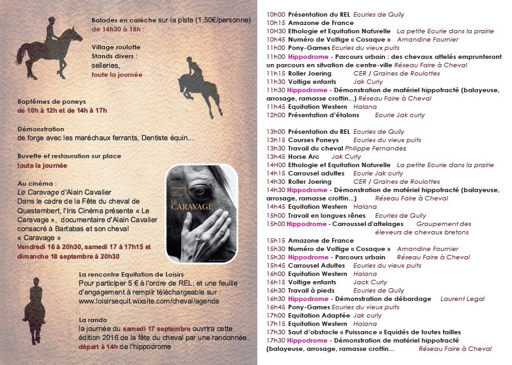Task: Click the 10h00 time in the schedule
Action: [275, 14]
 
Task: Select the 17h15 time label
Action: [275, 323]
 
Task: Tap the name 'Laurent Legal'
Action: [463, 298]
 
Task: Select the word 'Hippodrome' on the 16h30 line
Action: [303, 298]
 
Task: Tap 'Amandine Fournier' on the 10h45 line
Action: [428, 39]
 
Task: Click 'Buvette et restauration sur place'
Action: [68, 156]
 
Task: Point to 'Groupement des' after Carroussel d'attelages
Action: [443, 224]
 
